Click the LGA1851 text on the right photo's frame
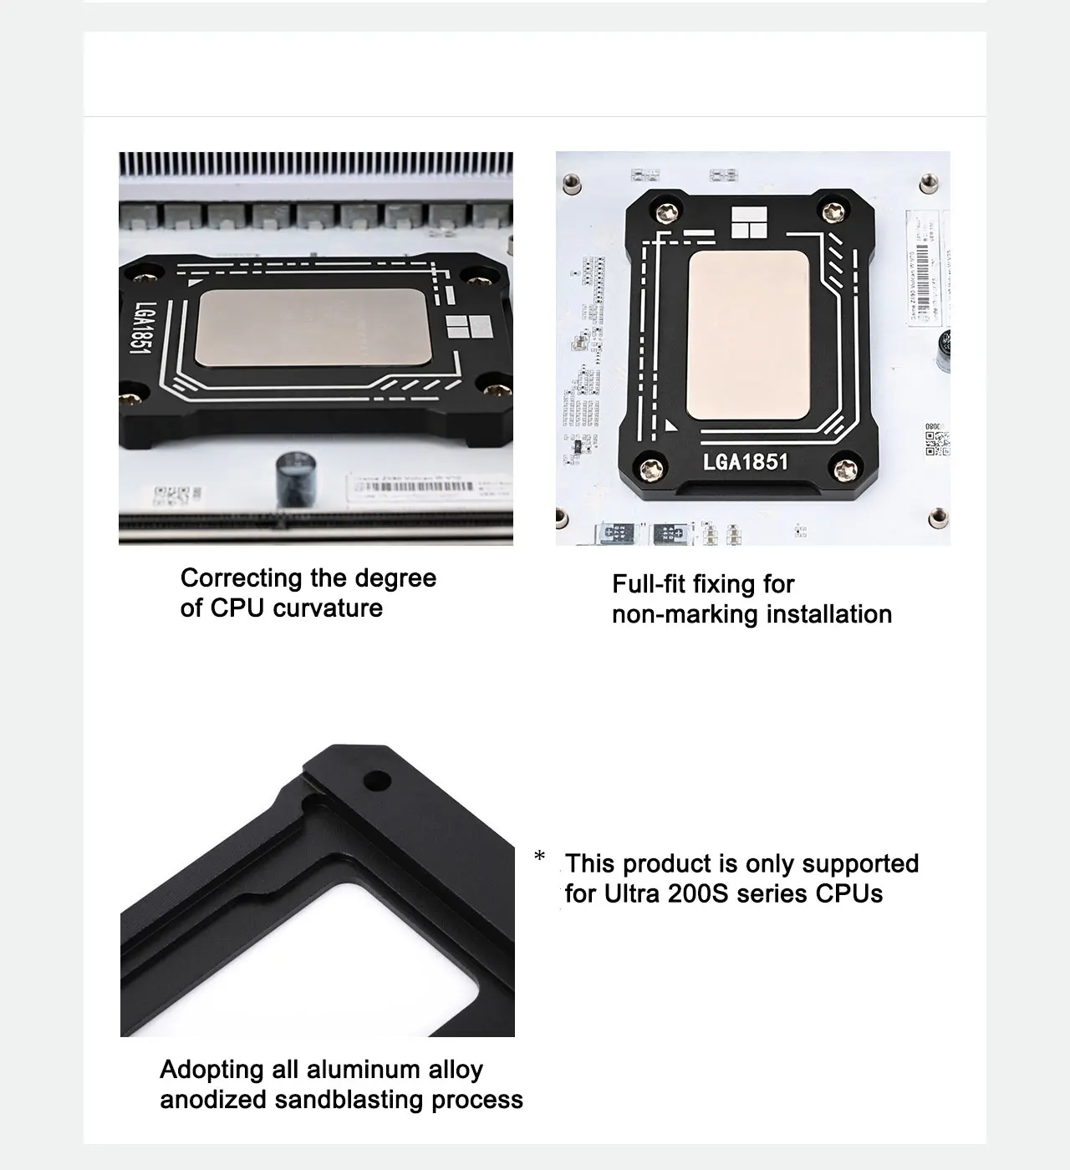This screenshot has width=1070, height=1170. tap(746, 461)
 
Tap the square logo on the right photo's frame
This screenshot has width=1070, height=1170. tap(747, 225)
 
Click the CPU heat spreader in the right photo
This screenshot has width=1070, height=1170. tap(747, 336)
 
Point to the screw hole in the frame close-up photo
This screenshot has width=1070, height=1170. tap(377, 781)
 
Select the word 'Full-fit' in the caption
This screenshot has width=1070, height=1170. tap(649, 584)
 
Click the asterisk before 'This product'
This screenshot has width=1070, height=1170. tap(540, 857)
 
